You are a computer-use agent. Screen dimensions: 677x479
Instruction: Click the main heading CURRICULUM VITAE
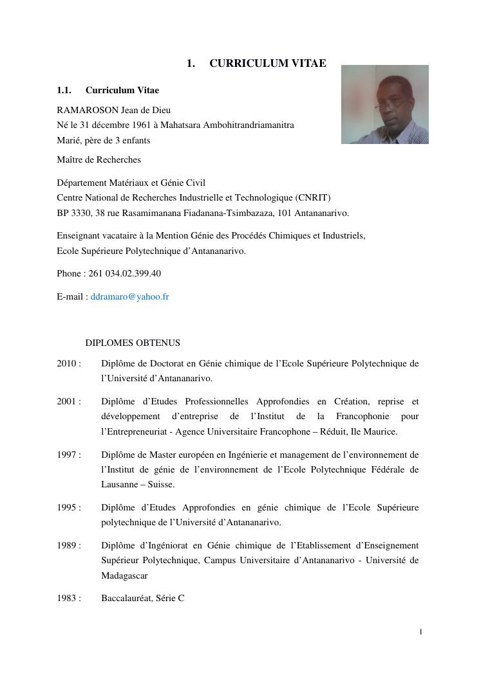[x=267, y=63]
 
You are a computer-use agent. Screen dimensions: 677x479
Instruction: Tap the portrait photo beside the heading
[x=384, y=104]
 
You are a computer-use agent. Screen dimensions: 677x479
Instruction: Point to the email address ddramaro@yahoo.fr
[x=130, y=296]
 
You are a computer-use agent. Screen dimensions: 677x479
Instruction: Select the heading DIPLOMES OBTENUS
[x=133, y=343]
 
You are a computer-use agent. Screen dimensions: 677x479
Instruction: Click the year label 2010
[x=67, y=363]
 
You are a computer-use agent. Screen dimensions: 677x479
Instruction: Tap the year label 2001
[x=67, y=401]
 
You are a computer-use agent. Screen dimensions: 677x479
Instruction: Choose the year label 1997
[x=67, y=455]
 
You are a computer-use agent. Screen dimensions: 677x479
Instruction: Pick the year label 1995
[x=67, y=507]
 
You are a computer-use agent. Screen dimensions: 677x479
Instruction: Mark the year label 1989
[x=67, y=545]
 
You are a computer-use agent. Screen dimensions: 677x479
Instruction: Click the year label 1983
[x=67, y=598]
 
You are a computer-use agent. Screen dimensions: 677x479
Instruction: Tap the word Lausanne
[x=120, y=484]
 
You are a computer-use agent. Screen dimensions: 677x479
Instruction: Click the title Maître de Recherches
[x=99, y=159]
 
